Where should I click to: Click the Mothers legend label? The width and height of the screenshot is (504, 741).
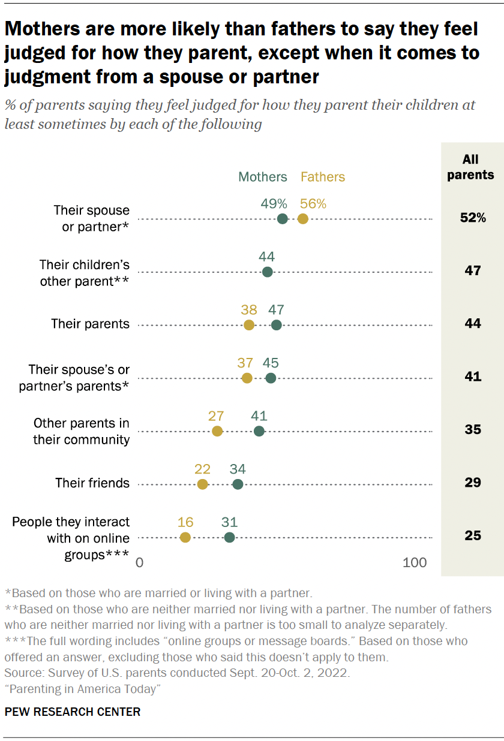point(263,177)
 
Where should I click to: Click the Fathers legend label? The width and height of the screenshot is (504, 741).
point(323,177)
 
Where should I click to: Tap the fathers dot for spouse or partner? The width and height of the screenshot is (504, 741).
point(303,219)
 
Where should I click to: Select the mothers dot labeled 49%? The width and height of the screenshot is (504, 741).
point(283,219)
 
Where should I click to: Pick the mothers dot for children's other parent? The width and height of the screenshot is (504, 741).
point(268,272)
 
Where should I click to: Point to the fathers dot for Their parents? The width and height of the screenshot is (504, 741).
point(249,325)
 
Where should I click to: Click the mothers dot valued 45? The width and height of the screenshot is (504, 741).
point(271,378)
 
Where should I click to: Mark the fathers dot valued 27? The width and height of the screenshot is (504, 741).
point(217,431)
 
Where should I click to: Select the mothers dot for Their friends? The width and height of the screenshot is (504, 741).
point(238,484)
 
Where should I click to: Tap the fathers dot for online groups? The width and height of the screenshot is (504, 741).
point(185,537)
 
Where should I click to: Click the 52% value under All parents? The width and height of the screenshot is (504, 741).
point(473,218)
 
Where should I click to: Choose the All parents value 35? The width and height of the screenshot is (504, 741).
point(473,430)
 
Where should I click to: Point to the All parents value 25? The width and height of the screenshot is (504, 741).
point(473,535)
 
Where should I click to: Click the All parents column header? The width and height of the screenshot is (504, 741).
point(471,167)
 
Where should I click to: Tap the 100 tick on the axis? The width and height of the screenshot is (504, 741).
point(415,563)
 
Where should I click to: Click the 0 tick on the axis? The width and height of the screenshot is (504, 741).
point(140,563)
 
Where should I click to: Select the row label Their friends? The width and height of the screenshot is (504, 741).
point(92,483)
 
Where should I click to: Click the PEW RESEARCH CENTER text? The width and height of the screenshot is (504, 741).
point(73,712)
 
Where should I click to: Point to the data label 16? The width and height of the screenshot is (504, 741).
point(185,522)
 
